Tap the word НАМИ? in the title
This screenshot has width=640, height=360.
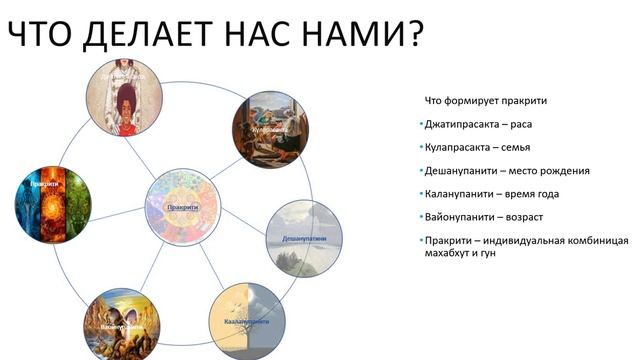pos(361,35)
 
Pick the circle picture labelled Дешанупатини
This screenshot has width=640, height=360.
pos(304,239)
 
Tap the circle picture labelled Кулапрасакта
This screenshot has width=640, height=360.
pos(270,129)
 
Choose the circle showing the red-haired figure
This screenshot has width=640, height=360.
pos(124,98)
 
